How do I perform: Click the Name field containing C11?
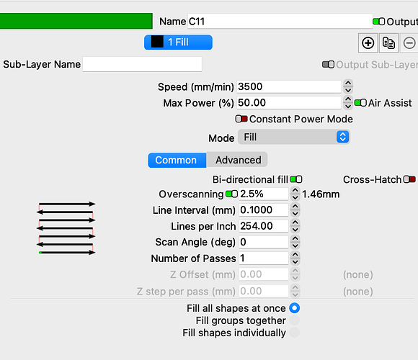coord(280,22)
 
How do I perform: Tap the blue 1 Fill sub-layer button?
coord(178,42)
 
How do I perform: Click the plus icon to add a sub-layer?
coord(368,43)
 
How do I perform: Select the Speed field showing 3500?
coord(289,86)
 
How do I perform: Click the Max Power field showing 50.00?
coord(289,103)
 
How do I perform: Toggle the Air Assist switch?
coord(360,103)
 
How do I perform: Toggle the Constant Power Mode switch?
coord(241,119)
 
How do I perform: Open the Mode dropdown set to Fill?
coord(294,137)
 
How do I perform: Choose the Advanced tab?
coord(239,160)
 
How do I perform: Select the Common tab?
coord(177,160)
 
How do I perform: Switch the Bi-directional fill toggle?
coord(296,179)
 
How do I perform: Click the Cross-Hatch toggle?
coord(409,179)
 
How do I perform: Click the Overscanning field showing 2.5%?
coord(264,194)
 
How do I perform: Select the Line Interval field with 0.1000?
coord(264,210)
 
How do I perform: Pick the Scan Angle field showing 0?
coord(264,242)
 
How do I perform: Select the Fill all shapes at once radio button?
coord(295,308)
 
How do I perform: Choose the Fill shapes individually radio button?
coord(295,333)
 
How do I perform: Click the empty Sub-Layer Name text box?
coord(142,64)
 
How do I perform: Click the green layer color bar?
coord(76,21)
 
